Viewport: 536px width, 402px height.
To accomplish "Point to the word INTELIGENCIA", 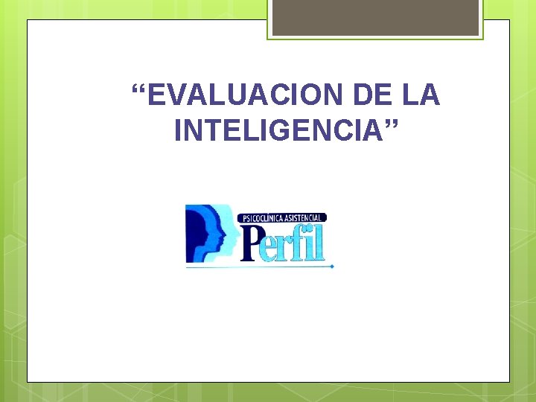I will click(x=278, y=131).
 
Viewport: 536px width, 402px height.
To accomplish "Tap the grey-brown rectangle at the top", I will click(x=375, y=17).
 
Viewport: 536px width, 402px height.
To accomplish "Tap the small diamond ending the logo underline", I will click(x=333, y=266).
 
